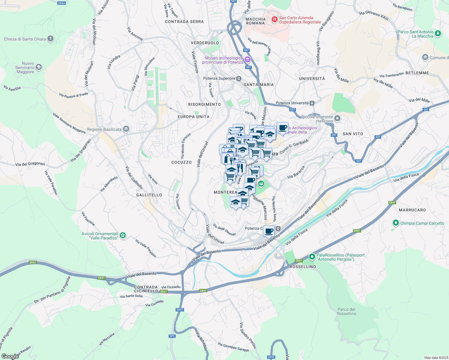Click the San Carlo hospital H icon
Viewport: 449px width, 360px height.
tap(274, 19)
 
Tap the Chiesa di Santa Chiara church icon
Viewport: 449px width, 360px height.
tap(50, 39)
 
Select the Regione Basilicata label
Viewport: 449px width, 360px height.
tap(104, 129)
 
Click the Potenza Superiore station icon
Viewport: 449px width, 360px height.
tap(239, 79)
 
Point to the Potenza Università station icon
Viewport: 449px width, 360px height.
tap(312, 103)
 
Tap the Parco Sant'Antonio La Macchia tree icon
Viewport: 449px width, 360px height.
tap(438, 34)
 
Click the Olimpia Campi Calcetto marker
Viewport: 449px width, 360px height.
tap(396, 223)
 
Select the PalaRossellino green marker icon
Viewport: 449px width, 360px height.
tap(312, 257)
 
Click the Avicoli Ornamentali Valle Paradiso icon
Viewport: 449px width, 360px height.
tap(123, 235)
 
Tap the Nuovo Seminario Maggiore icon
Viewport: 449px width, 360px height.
tap(39, 67)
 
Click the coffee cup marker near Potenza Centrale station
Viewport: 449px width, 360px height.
tap(269, 231)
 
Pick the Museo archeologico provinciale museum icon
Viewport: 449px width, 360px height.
tap(247, 60)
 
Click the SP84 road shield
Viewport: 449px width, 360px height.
tap(61, 3)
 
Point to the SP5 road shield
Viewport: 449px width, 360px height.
tap(172, 336)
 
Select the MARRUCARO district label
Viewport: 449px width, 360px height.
tap(412, 210)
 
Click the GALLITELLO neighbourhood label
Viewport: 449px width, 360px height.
tap(149, 195)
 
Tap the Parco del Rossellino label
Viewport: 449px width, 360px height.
tap(346, 311)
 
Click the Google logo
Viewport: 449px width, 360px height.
tap(10, 356)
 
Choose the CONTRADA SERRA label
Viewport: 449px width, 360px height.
tap(184, 22)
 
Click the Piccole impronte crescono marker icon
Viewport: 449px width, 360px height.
tap(337, 118)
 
